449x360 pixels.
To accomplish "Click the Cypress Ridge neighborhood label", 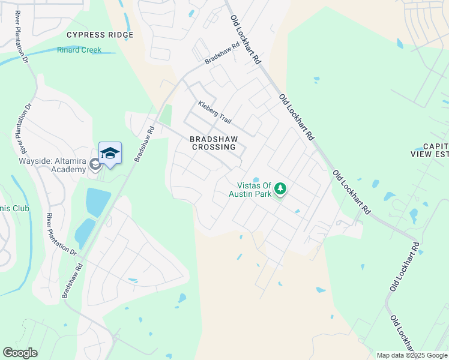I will point(100,35).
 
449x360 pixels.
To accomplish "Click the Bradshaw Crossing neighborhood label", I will point(217,142).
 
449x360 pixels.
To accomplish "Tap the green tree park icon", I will point(280,190).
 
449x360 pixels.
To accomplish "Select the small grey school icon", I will point(95,164).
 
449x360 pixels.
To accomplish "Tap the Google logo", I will point(20,353).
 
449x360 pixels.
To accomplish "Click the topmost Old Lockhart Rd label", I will point(247,40).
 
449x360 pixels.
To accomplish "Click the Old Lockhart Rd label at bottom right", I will point(402,336).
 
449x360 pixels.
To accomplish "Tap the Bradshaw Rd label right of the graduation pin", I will point(145,143).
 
